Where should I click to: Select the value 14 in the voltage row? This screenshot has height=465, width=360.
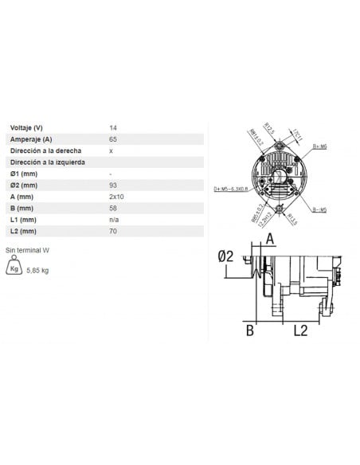pyautogui.click(x=112, y=127)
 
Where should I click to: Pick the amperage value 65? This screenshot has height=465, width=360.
pyautogui.click(x=112, y=139)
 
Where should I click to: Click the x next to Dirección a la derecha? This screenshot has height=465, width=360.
pyautogui.click(x=111, y=150)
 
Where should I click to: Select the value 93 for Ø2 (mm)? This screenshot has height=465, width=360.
pyautogui.click(x=112, y=186)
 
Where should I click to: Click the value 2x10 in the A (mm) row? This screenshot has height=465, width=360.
pyautogui.click(x=115, y=197)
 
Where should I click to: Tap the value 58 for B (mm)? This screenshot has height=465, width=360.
pyautogui.click(x=112, y=209)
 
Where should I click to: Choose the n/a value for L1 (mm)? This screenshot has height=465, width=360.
pyautogui.click(x=114, y=220)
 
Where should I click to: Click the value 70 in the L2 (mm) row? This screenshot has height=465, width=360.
pyautogui.click(x=112, y=232)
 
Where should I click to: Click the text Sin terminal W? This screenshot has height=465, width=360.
pyautogui.click(x=28, y=250)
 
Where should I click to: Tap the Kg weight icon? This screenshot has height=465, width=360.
pyautogui.click(x=14, y=269)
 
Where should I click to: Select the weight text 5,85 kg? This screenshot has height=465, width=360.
pyautogui.click(x=37, y=271)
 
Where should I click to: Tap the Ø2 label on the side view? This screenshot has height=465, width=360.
pyautogui.click(x=225, y=256)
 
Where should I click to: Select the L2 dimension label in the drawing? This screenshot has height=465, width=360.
pyautogui.click(x=300, y=329)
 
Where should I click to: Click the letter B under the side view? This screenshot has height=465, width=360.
pyautogui.click(x=249, y=329)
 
